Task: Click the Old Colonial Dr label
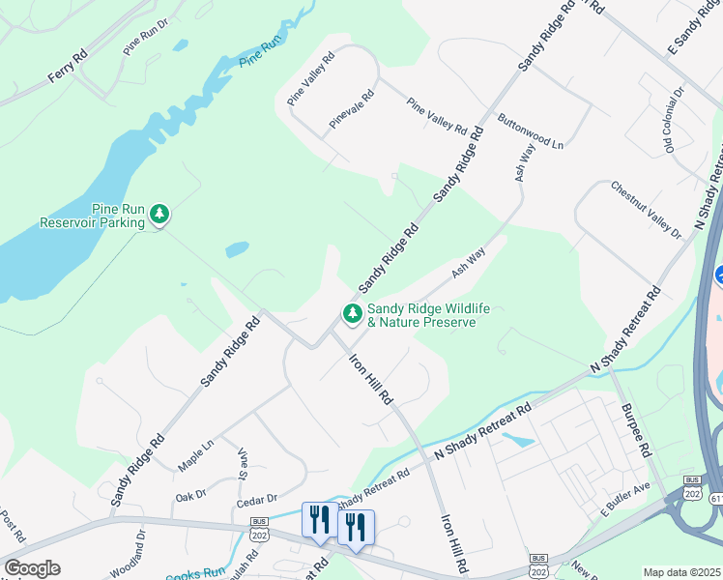[x=674, y=118]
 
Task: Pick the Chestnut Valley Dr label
[x=646, y=209]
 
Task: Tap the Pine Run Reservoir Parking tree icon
[x=159, y=214]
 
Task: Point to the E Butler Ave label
[x=625, y=497]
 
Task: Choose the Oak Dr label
[x=190, y=495]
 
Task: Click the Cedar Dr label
[x=256, y=500]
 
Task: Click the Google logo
[x=32, y=568]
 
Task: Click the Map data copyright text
[x=682, y=572]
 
